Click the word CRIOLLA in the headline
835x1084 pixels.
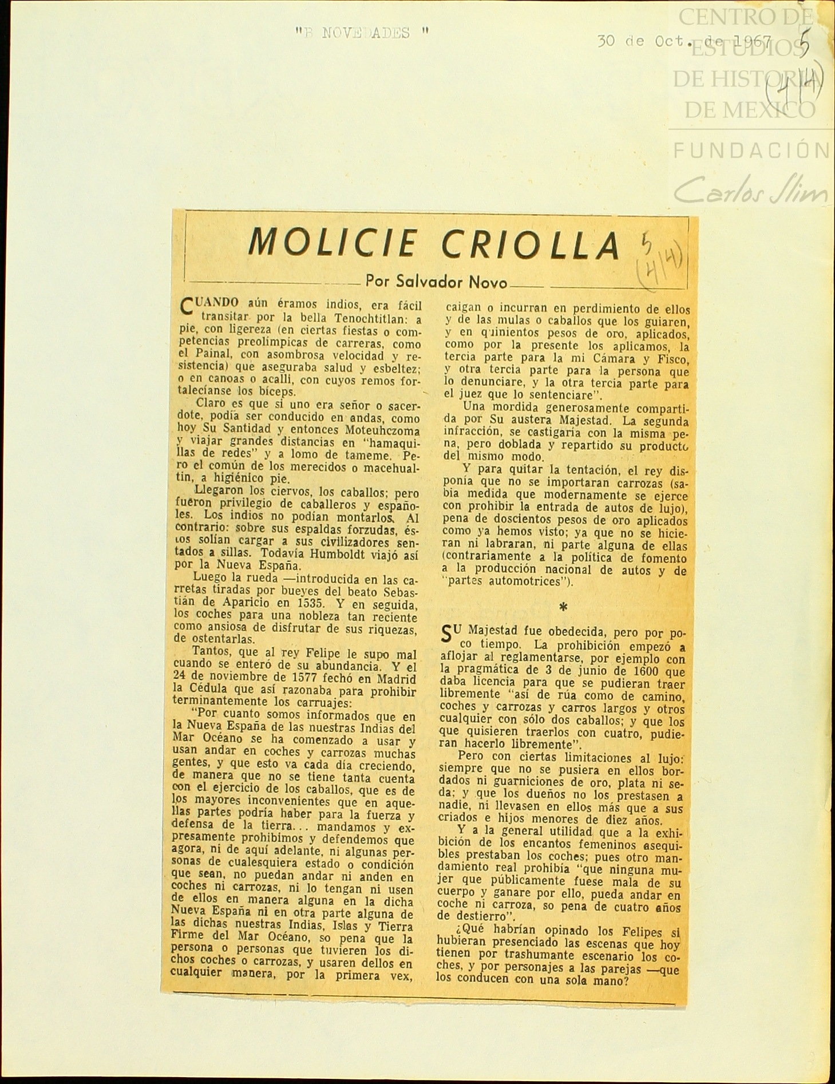(531, 246)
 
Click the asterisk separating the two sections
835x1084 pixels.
(563, 607)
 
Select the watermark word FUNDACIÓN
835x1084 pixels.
(750, 150)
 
